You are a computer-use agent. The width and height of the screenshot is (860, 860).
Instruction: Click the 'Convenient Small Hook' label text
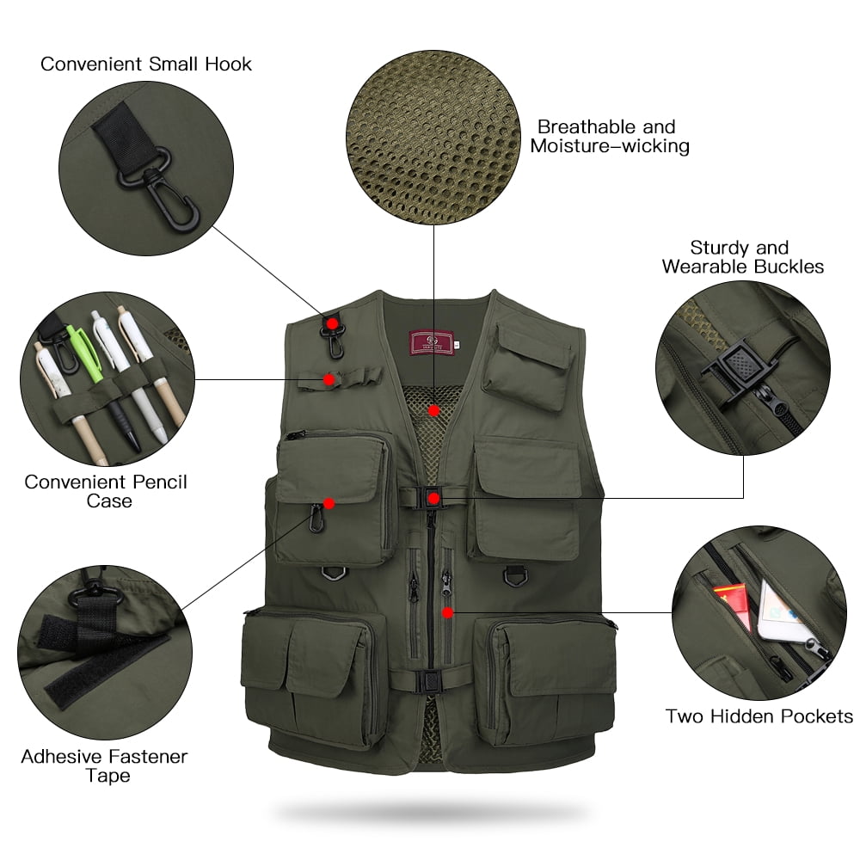[x=146, y=64]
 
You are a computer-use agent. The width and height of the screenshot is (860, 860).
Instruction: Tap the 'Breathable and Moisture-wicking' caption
[x=610, y=137]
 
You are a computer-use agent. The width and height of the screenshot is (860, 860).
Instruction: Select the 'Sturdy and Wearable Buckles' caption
[x=742, y=257]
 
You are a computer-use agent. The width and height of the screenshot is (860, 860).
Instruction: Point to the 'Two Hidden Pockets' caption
[x=759, y=716]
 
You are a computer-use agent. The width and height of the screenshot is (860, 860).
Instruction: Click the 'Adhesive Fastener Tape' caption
[x=104, y=766]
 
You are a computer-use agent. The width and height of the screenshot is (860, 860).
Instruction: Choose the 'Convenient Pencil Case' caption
[x=106, y=491]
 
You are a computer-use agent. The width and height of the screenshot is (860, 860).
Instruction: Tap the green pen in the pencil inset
[x=84, y=344]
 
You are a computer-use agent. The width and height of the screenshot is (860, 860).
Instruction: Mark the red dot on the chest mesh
[x=435, y=410]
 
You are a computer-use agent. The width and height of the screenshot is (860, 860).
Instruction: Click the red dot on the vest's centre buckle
[x=433, y=498]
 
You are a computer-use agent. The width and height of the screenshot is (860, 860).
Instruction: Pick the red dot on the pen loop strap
[x=329, y=378]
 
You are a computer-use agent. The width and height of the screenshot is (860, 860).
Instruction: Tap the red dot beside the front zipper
[x=447, y=612]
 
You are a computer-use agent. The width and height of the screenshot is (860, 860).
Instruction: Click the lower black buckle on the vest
[x=427, y=681]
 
